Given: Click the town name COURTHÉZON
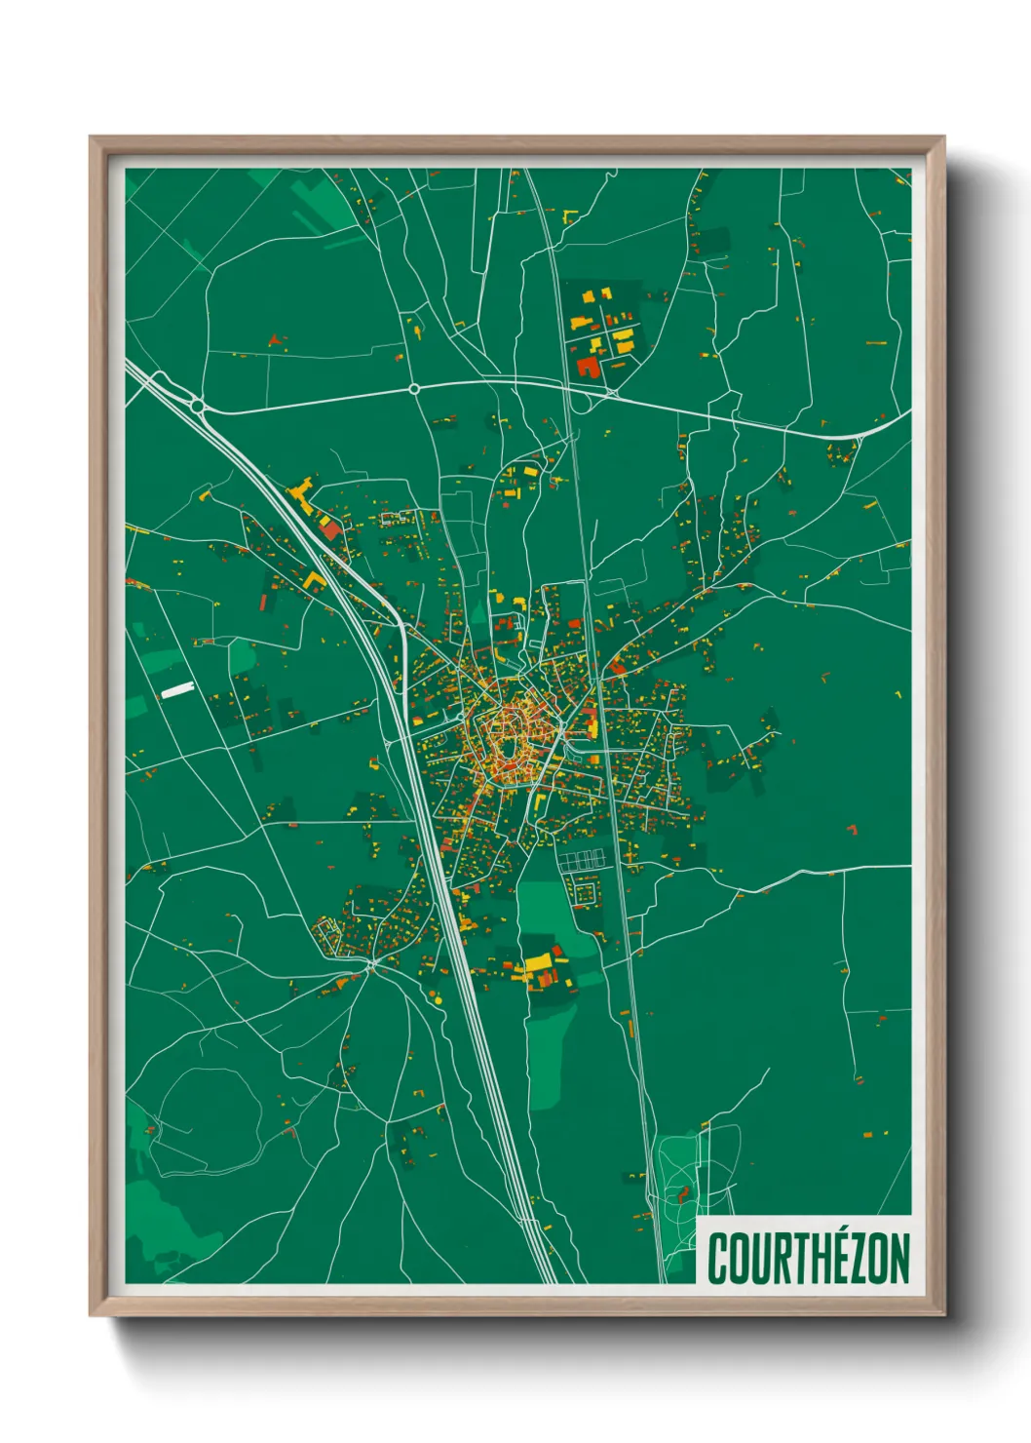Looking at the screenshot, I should [x=808, y=1259].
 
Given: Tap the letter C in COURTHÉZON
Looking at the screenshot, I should [x=718, y=1259].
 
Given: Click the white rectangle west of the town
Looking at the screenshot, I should [x=177, y=689].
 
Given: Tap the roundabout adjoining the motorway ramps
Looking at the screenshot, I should [x=197, y=405].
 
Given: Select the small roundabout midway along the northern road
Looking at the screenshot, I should [x=414, y=388].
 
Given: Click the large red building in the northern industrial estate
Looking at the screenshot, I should [x=588, y=367].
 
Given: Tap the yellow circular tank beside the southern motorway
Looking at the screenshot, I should [x=437, y=998].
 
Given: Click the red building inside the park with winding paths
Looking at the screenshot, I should [x=683, y=1193].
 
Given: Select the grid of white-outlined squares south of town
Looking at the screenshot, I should [x=582, y=858].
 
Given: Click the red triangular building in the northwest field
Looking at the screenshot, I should [x=277, y=339].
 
